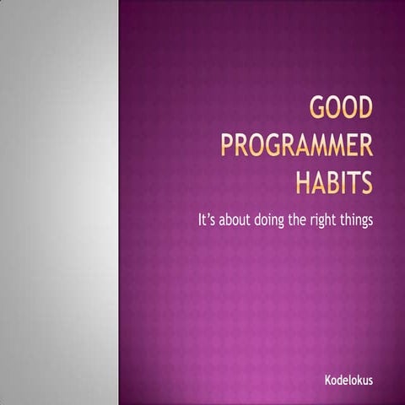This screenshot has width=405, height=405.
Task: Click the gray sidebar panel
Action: coord(59,202)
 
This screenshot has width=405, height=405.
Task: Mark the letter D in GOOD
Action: coord(364,112)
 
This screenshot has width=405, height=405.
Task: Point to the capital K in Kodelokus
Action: coord(328,381)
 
